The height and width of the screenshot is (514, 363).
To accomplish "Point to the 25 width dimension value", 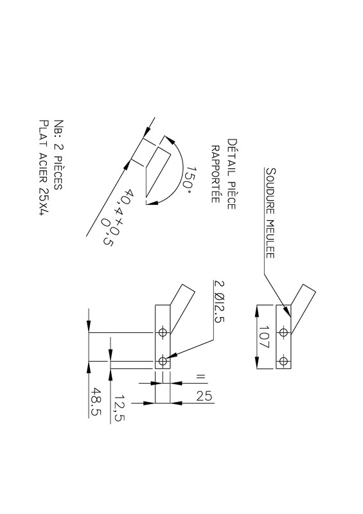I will [x=204, y=396].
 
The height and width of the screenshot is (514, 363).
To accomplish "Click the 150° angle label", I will [x=188, y=179].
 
